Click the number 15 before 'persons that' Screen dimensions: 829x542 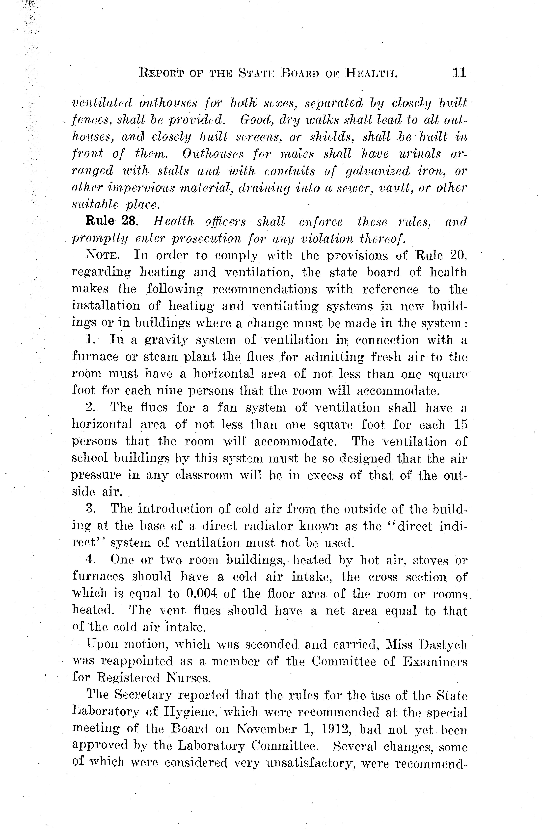point(459,425)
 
